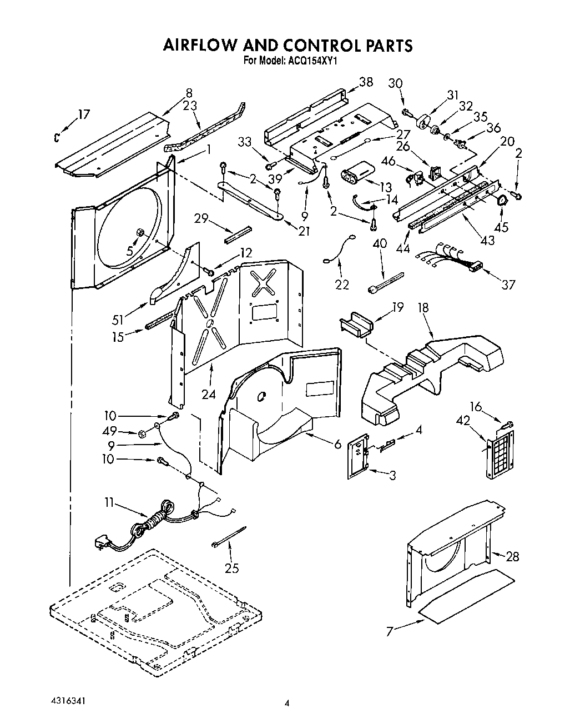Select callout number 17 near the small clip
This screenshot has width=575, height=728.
(83, 115)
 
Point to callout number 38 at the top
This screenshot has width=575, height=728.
(366, 82)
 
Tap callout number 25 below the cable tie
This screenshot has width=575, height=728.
(231, 567)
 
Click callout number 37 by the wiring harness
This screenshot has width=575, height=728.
(508, 285)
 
